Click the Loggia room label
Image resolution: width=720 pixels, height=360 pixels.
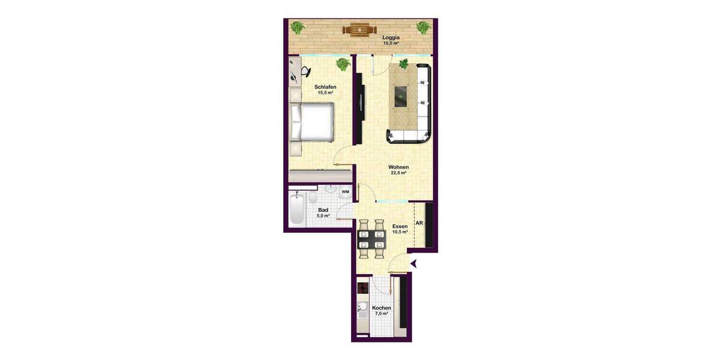tap(391, 37)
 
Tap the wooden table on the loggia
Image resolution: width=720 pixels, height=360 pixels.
tap(359, 28)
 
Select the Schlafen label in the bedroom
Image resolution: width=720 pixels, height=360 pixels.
tap(325, 87)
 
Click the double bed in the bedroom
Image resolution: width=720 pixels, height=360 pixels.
tap(313, 122)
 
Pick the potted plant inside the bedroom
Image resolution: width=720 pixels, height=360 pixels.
tap(343, 63)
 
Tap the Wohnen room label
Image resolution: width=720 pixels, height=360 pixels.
tap(398, 167)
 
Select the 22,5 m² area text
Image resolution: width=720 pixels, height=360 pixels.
tap(398, 173)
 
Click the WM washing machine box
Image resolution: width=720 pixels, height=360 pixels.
tap(345, 192)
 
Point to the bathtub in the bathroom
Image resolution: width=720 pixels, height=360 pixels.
tap(296, 209)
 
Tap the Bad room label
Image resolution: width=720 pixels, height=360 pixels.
tap(323, 210)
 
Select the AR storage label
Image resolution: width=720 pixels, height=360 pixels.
tap(419, 223)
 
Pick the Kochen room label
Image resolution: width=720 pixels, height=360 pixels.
tap(382, 308)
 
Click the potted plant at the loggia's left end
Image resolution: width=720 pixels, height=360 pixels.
tap(298, 27)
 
